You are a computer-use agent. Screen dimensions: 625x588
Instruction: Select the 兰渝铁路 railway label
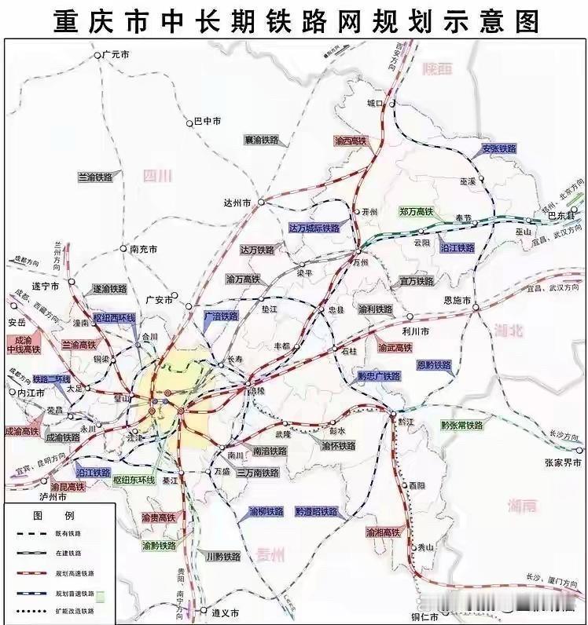(x=95, y=177)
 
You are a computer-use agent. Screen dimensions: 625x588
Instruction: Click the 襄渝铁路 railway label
(x=261, y=140)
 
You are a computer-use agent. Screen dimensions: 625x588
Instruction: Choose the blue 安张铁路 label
(x=499, y=149)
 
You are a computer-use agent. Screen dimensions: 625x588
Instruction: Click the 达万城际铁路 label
(x=314, y=228)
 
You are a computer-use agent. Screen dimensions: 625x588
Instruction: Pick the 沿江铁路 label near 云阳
(x=458, y=247)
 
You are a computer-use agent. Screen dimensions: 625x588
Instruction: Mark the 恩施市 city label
(x=457, y=301)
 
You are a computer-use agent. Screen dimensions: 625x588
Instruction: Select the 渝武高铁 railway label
(x=395, y=346)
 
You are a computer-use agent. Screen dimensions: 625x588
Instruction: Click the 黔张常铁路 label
(x=461, y=426)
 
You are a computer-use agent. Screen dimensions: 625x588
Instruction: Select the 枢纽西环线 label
(x=114, y=319)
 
